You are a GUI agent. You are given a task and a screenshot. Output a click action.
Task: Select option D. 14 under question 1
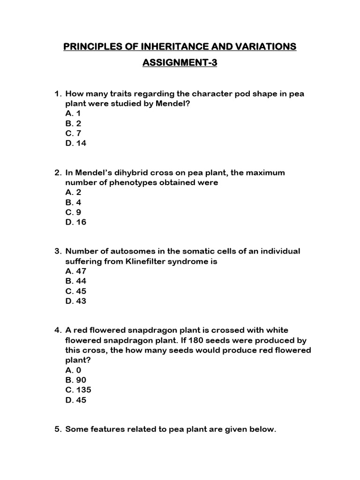pyautogui.click(x=76, y=143)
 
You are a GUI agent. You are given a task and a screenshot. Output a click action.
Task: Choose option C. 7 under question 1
pyautogui.click(x=74, y=134)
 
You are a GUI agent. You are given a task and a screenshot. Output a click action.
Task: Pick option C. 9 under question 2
pyautogui.click(x=74, y=212)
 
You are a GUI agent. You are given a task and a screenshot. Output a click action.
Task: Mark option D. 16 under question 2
pyautogui.click(x=76, y=222)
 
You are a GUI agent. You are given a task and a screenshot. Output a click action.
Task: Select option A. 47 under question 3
pyautogui.click(x=76, y=271)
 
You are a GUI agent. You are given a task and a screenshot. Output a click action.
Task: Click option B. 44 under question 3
pyautogui.click(x=76, y=281)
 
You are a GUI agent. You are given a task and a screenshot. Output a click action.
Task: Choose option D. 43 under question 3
pyautogui.click(x=76, y=301)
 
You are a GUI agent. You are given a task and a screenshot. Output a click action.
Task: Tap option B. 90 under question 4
pyautogui.click(x=76, y=380)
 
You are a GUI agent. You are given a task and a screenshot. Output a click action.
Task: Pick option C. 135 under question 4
pyautogui.click(x=78, y=390)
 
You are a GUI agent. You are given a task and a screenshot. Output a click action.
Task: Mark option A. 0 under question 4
pyautogui.click(x=74, y=370)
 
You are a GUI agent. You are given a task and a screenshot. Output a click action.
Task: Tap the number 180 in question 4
pyautogui.click(x=179, y=340)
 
